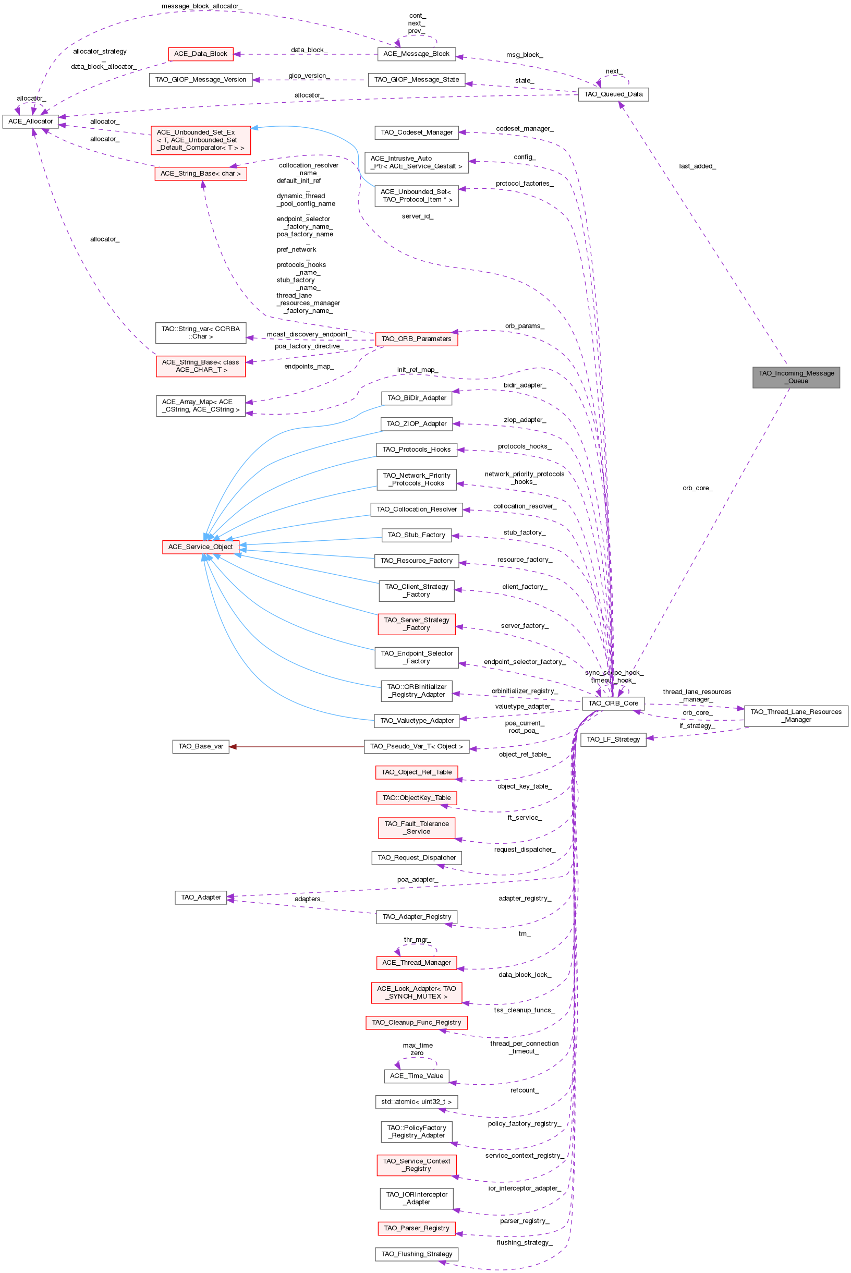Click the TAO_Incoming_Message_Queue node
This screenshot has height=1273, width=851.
click(x=796, y=377)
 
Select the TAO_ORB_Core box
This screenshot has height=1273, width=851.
click(x=613, y=703)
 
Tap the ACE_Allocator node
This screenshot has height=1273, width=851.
click(x=30, y=122)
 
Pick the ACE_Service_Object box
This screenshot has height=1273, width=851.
click(x=200, y=547)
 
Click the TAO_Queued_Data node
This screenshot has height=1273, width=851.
click(x=613, y=94)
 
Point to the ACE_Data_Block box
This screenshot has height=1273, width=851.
click(x=200, y=54)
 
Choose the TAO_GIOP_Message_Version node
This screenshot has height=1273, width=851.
click(x=200, y=80)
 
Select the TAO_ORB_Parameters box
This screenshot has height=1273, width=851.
click(x=416, y=339)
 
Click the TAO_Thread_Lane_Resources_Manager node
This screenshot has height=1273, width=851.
click(x=796, y=716)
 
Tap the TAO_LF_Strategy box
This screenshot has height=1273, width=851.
click(x=613, y=739)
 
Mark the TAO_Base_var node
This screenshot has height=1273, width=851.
click(x=200, y=747)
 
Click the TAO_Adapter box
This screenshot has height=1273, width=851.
click(x=200, y=898)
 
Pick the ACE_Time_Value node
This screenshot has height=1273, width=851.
click(x=416, y=1076)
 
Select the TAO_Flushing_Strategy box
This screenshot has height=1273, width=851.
click(x=416, y=1254)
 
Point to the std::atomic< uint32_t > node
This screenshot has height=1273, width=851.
click(x=416, y=1102)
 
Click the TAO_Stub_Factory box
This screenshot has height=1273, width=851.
click(x=416, y=535)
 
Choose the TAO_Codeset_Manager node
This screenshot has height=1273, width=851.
click(x=416, y=132)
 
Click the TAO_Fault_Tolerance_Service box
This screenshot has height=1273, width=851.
click(x=416, y=828)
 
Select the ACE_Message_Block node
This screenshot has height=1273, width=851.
click(x=416, y=54)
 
